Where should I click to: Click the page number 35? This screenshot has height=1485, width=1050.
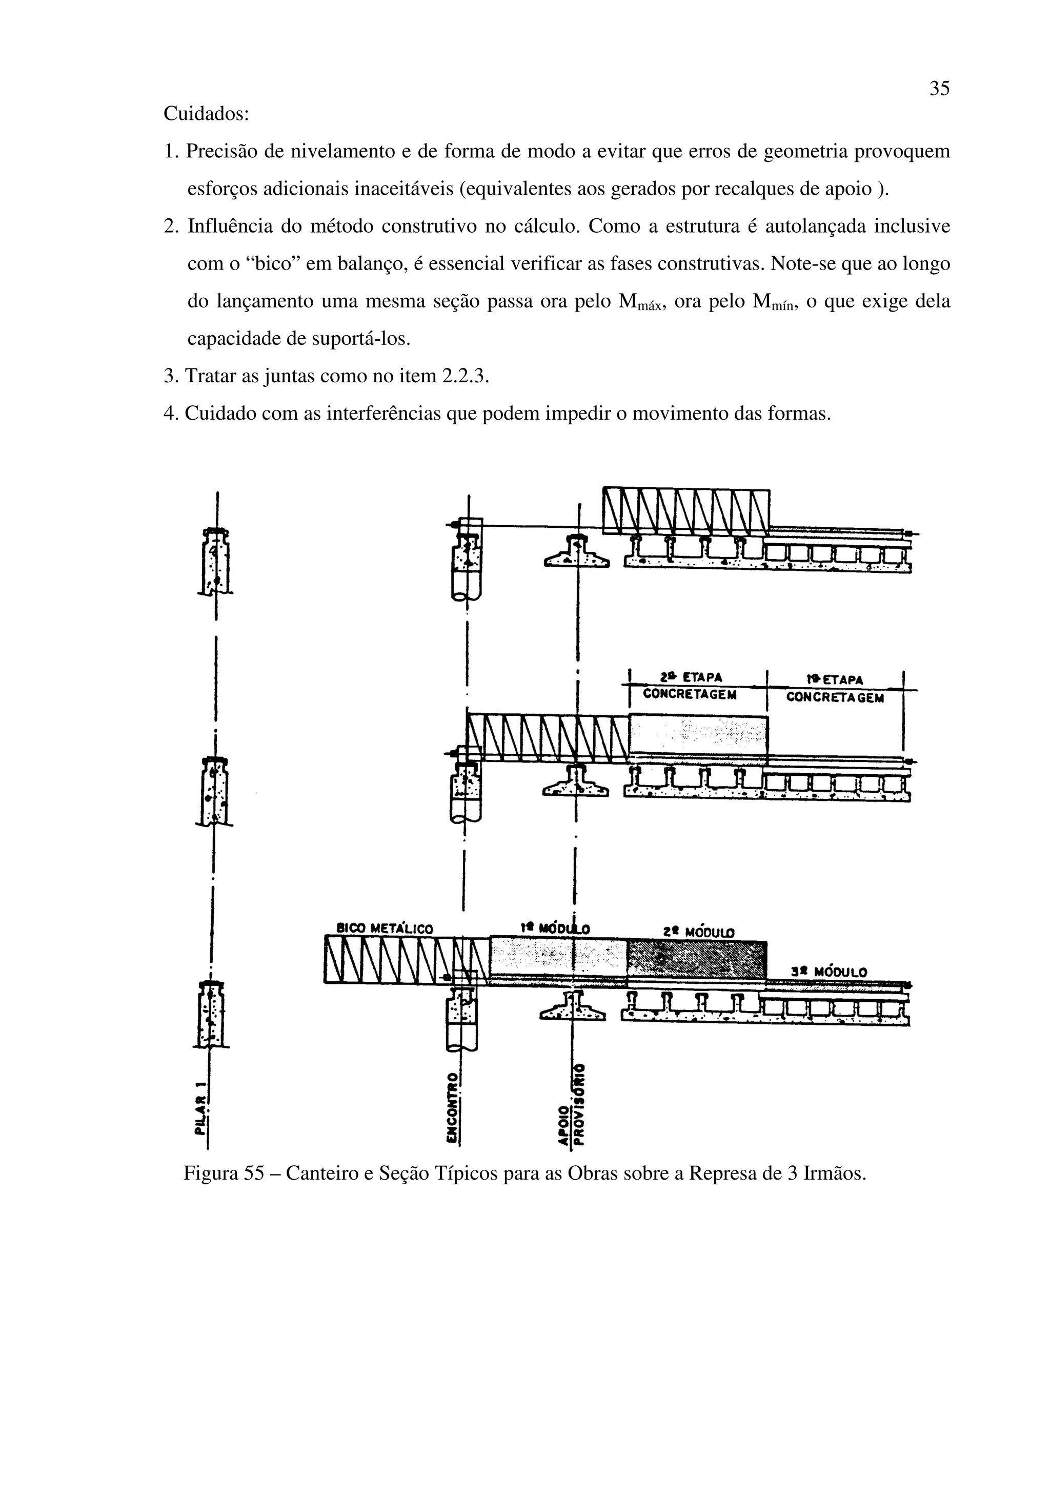point(939,89)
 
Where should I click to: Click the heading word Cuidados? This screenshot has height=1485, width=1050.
point(205,114)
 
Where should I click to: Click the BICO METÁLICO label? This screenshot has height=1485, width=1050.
point(386,930)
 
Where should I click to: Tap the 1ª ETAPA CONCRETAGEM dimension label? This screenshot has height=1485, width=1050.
point(835,689)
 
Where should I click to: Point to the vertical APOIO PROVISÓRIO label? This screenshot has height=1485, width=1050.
point(572,1103)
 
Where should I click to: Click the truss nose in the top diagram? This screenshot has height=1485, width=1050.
point(686,511)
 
